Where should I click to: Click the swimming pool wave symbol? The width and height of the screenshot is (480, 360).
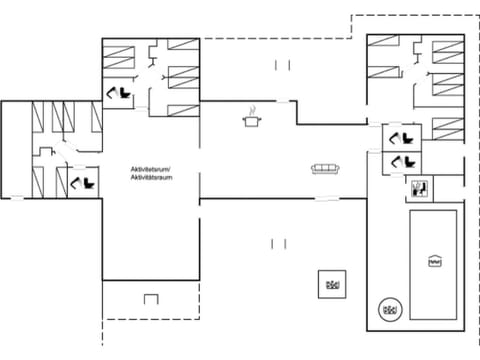point(434,261)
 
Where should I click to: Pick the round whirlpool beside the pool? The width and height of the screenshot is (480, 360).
point(389,310)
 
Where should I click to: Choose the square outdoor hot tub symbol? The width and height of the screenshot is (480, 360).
point(330,283)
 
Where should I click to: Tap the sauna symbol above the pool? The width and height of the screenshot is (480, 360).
point(418,186)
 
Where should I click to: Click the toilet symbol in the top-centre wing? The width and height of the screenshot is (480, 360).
point(118,93)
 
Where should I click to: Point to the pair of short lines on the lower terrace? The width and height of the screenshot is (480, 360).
point(278,242)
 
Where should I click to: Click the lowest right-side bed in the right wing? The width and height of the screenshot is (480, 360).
point(446,128)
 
